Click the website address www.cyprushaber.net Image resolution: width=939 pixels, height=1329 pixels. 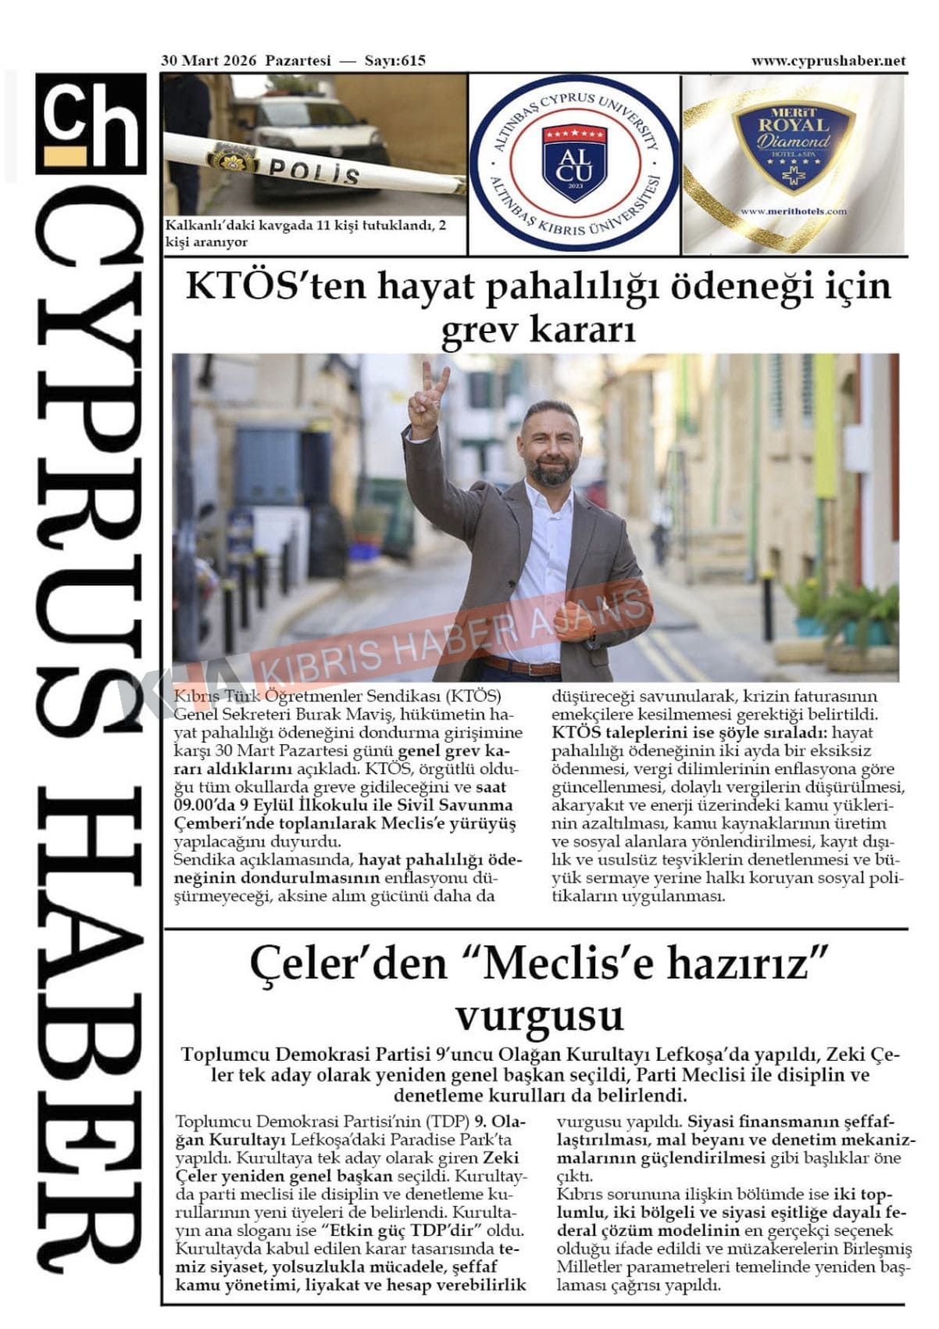click(828, 61)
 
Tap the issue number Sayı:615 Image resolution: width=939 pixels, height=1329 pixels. click(395, 61)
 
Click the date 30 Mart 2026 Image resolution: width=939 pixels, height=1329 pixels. click(209, 61)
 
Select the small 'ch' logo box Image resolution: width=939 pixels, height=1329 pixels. click(91, 123)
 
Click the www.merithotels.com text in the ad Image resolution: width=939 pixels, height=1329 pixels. click(793, 211)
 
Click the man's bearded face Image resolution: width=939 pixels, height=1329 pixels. click(551, 447)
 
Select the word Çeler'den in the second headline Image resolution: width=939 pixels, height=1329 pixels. click(348, 965)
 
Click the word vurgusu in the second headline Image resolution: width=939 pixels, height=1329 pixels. click(540, 1016)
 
